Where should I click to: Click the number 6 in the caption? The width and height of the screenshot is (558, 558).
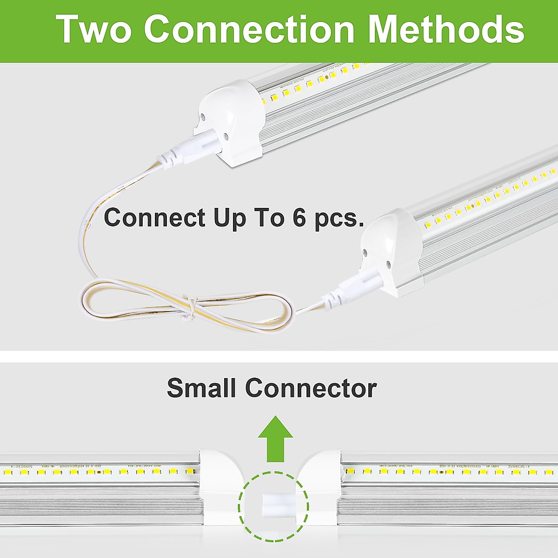click(299, 217)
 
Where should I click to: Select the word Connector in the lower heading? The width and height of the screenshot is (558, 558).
click(311, 388)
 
